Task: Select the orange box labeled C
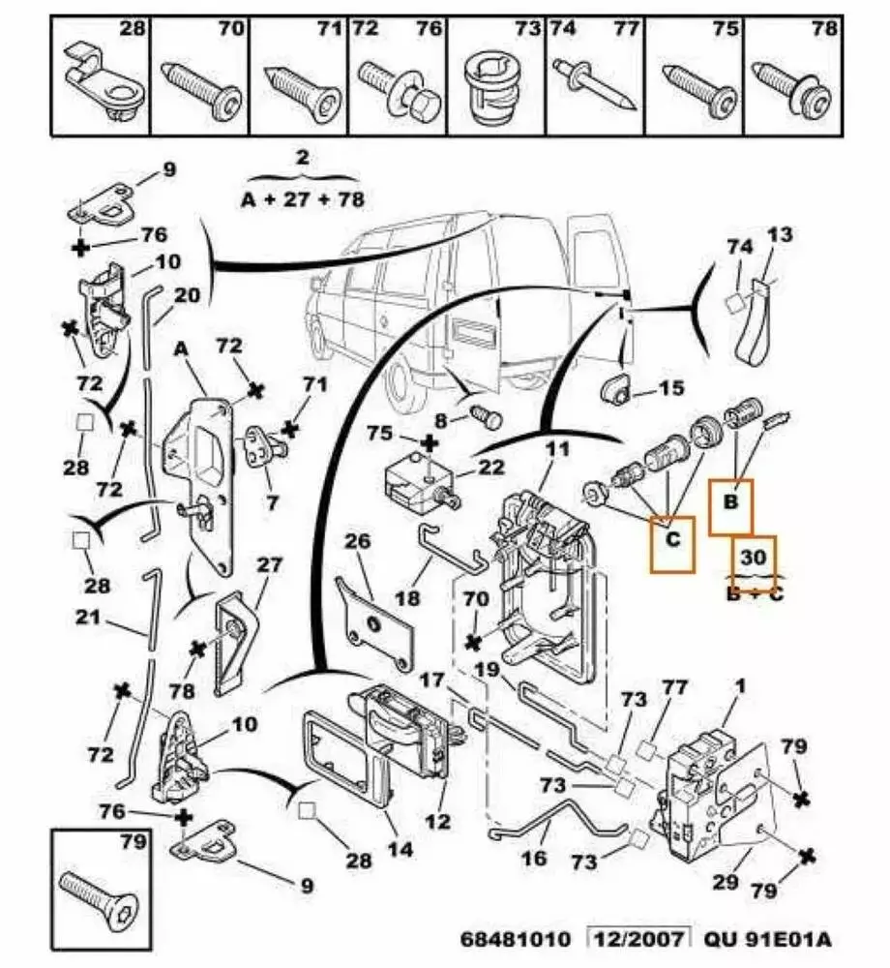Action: tap(672, 545)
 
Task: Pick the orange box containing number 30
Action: tap(753, 559)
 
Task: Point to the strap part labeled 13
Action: tap(753, 329)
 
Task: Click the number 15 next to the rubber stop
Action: tap(670, 389)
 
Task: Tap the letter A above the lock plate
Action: tap(180, 349)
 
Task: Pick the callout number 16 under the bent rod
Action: tap(534, 858)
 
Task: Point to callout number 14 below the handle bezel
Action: tap(400, 850)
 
